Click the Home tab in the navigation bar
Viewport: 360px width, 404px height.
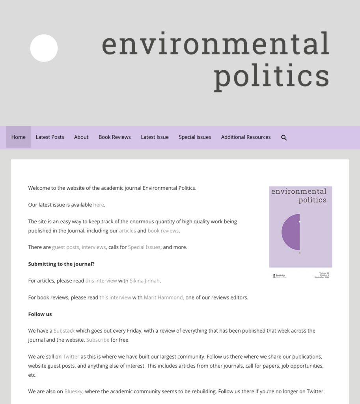pyautogui.click(x=19, y=137)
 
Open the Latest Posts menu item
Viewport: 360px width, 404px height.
pyautogui.click(x=50, y=137)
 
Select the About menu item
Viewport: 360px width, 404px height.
pyautogui.click(x=81, y=137)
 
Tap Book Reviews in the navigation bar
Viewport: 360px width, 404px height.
pyautogui.click(x=114, y=137)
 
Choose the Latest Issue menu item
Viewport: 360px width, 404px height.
pyautogui.click(x=155, y=137)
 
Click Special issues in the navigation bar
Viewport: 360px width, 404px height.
pyautogui.click(x=195, y=137)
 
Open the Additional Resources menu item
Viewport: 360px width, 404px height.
pyautogui.click(x=246, y=137)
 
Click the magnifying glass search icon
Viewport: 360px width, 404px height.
pyautogui.click(x=284, y=138)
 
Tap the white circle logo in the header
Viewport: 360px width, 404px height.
pyautogui.click(x=44, y=48)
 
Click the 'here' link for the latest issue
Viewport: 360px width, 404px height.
pyautogui.click(x=99, y=205)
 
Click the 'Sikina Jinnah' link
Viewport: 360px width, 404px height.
pyautogui.click(x=145, y=281)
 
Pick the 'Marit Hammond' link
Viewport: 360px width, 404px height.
pyautogui.click(x=163, y=297)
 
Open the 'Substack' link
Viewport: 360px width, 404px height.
pyautogui.click(x=64, y=331)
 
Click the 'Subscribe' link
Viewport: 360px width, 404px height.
pyautogui.click(x=98, y=340)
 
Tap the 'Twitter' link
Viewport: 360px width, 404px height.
pyautogui.click(x=71, y=357)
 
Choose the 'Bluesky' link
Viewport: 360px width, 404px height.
pyautogui.click(x=73, y=391)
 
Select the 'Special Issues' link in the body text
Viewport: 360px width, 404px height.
pyautogui.click(x=144, y=247)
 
